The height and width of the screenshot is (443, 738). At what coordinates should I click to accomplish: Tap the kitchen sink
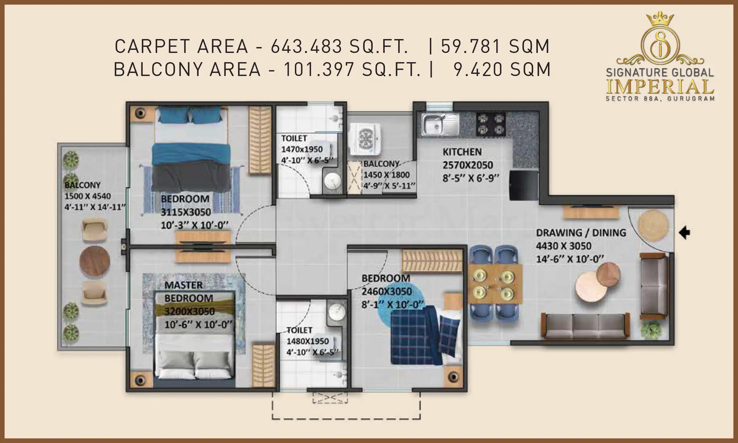440,125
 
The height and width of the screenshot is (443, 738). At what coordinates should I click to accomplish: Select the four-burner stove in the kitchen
491,124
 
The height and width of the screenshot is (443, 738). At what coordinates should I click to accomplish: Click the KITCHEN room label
462,152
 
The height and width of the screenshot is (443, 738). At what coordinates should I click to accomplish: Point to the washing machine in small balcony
366,138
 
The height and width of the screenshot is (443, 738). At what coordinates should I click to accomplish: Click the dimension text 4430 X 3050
563,246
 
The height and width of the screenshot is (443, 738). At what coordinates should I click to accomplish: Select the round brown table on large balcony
95,261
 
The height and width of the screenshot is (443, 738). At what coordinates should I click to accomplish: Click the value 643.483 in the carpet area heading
306,47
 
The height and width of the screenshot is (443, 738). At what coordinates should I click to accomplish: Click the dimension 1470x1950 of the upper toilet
302,150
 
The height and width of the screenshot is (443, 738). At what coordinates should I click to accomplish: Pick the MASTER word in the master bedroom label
184,285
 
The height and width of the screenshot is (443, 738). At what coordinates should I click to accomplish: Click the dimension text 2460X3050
386,291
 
